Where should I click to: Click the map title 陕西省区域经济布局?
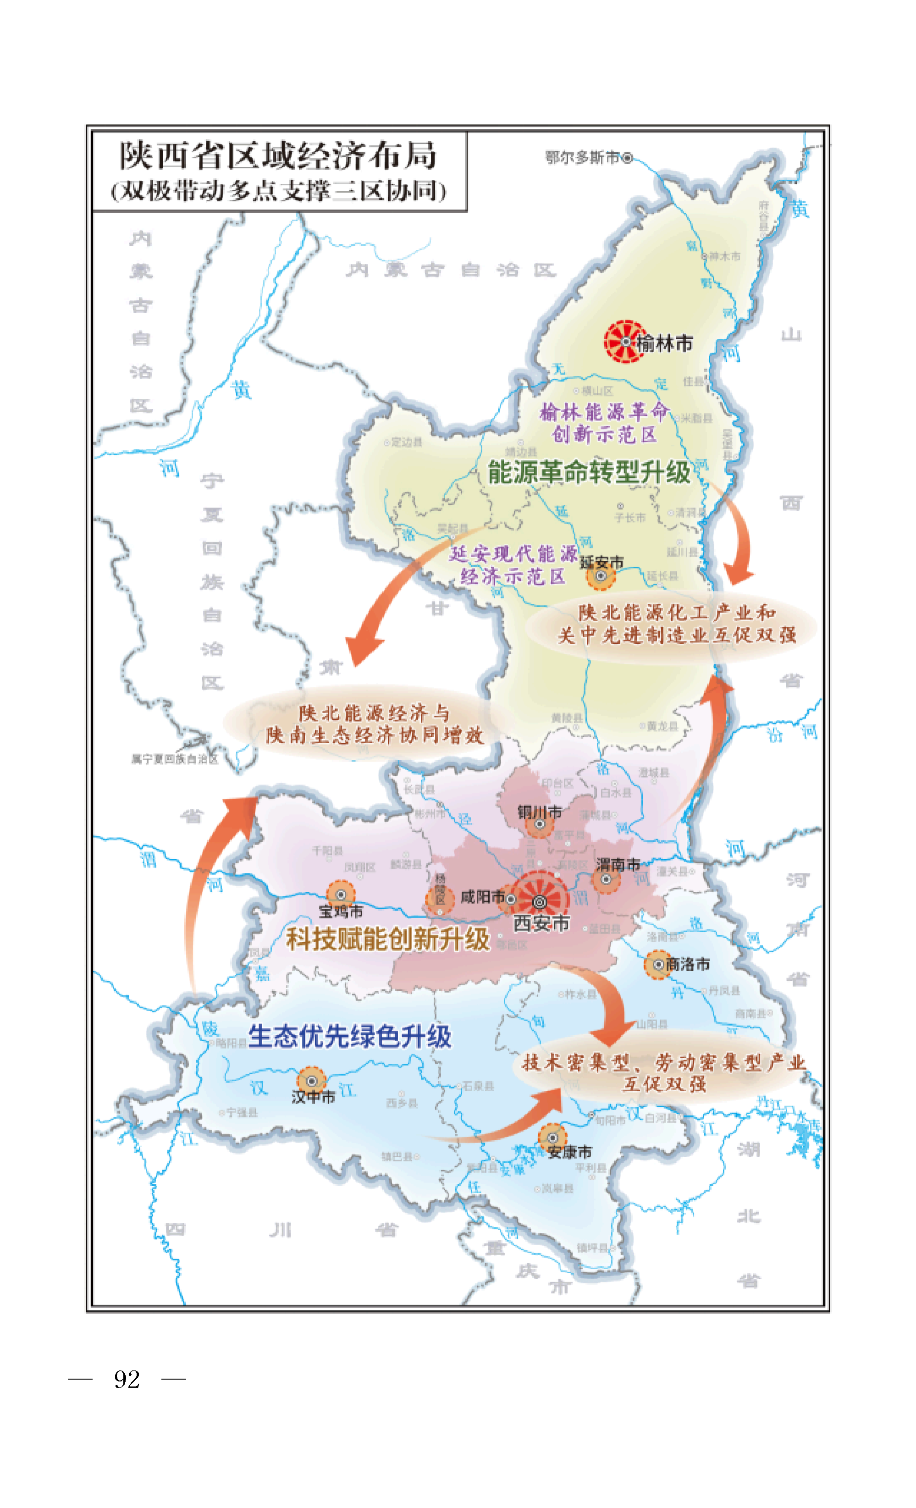[278, 155]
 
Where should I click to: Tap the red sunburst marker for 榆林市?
[625, 342]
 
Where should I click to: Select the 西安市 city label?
[541, 923]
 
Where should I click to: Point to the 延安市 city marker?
[601, 576]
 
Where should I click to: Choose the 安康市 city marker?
[552, 1138]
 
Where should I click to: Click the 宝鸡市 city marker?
[341, 895]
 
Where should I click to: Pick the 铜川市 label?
[539, 812]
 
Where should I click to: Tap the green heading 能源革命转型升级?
[589, 472]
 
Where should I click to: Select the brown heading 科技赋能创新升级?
[388, 939]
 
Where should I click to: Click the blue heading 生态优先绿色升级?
[349, 1037]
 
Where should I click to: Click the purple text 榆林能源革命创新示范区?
[604, 423]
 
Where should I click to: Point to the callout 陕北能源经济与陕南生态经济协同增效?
[374, 724]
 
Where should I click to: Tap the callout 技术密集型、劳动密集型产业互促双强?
[664, 1073]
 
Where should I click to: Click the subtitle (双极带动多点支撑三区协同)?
[278, 191]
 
